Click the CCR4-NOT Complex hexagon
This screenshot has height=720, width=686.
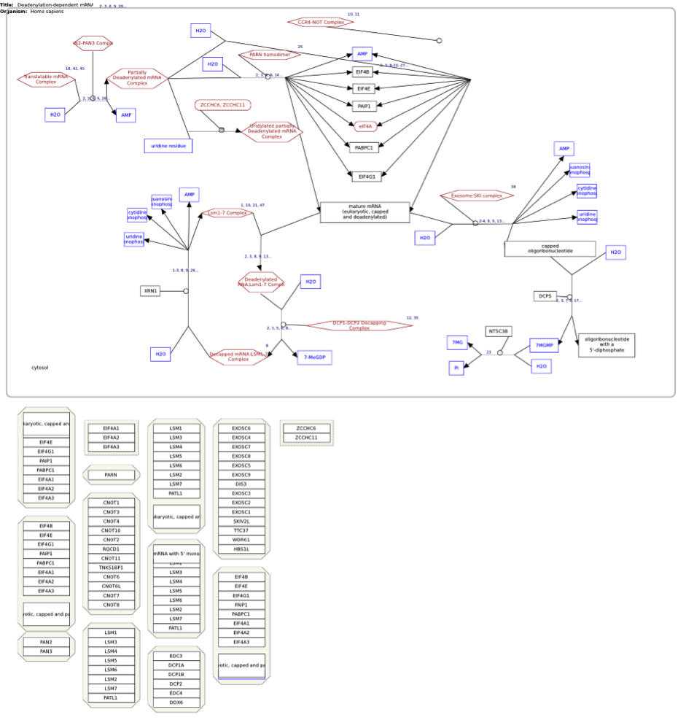click(321, 23)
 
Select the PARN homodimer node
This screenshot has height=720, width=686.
click(270, 55)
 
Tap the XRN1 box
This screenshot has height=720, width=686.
click(150, 291)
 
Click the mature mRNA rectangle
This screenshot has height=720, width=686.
click(365, 212)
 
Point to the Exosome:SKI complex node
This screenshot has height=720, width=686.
click(477, 196)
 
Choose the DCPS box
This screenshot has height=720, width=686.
click(545, 296)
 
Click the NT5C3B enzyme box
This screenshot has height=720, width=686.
click(499, 331)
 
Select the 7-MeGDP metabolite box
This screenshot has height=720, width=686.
click(314, 357)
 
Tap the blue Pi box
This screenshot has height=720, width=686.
click(456, 368)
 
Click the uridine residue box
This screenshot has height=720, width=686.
click(168, 146)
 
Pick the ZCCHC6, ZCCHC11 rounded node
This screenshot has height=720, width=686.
click(222, 105)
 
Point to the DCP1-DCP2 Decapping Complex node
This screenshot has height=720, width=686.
click(359, 325)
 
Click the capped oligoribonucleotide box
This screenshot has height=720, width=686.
click(550, 249)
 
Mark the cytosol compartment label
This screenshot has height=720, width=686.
click(40, 368)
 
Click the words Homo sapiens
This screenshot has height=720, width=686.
click(47, 12)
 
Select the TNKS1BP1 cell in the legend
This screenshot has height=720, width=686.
click(111, 568)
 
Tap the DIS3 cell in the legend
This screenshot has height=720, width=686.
click(241, 484)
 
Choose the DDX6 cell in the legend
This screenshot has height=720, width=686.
click(176, 702)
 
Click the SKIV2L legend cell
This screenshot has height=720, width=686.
click(241, 522)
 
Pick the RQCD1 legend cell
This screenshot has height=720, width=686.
click(111, 549)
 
